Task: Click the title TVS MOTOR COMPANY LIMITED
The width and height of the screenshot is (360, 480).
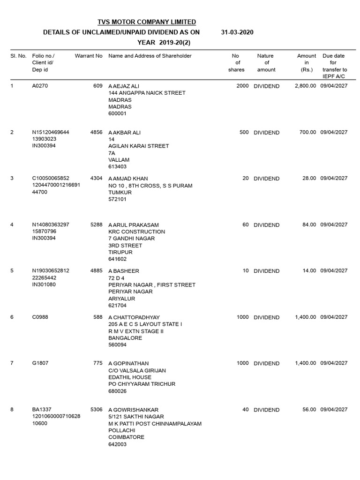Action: pos(147,22)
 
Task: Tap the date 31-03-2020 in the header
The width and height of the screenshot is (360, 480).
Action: pos(237,32)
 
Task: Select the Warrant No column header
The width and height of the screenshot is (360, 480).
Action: pos(89,56)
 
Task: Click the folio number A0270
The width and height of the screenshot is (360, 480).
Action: pos(40,86)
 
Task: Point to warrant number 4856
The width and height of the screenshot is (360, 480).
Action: pos(96,133)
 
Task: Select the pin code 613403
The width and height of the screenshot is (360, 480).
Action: pos(118,166)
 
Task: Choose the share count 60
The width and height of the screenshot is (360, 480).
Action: pos(245,225)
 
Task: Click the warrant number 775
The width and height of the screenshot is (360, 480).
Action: pos(98,363)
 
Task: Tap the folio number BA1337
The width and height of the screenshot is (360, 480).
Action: pos(41,410)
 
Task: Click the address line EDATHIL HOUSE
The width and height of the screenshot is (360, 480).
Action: pos(130,377)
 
